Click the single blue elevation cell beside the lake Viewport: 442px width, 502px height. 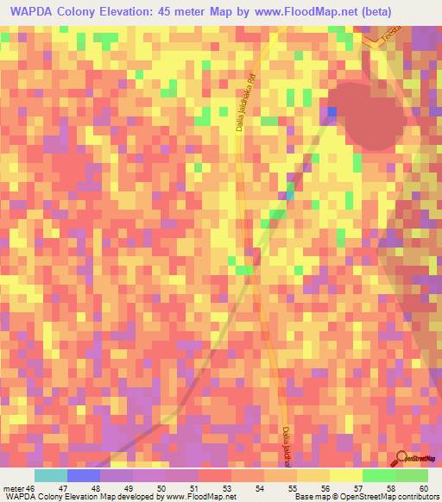click(332, 111)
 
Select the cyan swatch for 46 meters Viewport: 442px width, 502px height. click(51, 475)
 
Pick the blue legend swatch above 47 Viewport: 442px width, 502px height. click(84, 475)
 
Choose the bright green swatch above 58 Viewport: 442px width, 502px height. click(378, 475)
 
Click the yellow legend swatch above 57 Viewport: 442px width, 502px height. click(345, 475)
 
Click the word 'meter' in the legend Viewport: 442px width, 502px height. click(15, 488)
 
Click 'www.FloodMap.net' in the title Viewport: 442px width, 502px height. click(294, 12)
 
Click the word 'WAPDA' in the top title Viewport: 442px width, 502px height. click(33, 12)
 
